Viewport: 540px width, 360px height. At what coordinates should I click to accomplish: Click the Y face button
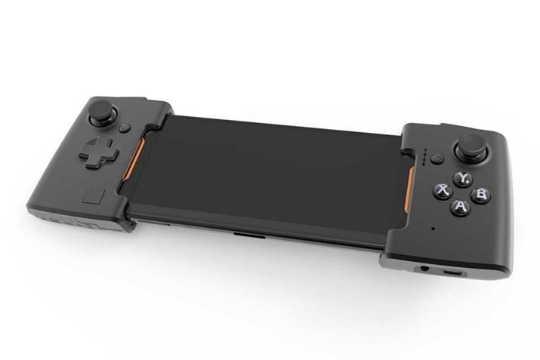point(463,179)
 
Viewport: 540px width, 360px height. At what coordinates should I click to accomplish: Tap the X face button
point(443,190)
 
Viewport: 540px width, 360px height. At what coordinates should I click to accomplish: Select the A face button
point(461,207)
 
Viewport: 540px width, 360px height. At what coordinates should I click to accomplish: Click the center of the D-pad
point(98,152)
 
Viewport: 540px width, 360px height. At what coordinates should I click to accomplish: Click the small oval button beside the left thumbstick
point(125,128)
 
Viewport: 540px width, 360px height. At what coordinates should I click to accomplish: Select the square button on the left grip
point(92,195)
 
